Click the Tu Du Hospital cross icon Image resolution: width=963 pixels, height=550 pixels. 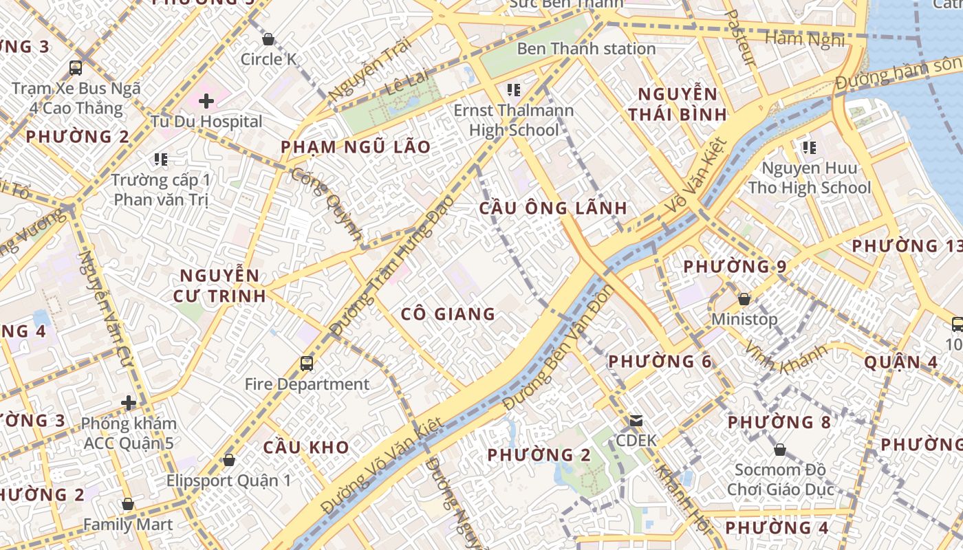pyautogui.click(x=206, y=102)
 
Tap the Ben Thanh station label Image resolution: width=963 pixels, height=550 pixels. pyautogui.click(x=586, y=49)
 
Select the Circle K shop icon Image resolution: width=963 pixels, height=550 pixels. pyautogui.click(x=268, y=40)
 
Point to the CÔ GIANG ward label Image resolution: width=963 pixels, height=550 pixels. pyautogui.click(x=448, y=314)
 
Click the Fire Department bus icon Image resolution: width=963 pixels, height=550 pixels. pyautogui.click(x=307, y=363)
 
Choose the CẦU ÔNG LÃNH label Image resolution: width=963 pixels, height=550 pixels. pyautogui.click(x=553, y=208)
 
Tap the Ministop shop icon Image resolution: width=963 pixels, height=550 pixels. pyautogui.click(x=744, y=300)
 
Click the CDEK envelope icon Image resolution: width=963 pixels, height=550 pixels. pyautogui.click(x=636, y=420)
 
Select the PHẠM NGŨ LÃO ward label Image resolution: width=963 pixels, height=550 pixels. pyautogui.click(x=356, y=146)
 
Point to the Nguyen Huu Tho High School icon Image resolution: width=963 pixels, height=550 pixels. pyautogui.click(x=809, y=147)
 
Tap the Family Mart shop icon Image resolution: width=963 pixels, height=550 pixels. pyautogui.click(x=127, y=505)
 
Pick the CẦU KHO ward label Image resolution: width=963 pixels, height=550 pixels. pyautogui.click(x=306, y=447)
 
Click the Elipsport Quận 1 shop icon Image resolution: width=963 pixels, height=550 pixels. pyautogui.click(x=228, y=460)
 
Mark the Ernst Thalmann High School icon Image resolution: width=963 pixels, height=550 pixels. pyautogui.click(x=513, y=89)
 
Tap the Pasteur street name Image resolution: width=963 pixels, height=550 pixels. pyautogui.click(x=741, y=38)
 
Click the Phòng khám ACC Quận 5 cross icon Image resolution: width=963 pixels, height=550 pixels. pyautogui.click(x=129, y=403)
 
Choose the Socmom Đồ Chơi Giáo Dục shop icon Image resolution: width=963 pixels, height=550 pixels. pyautogui.click(x=779, y=450)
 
